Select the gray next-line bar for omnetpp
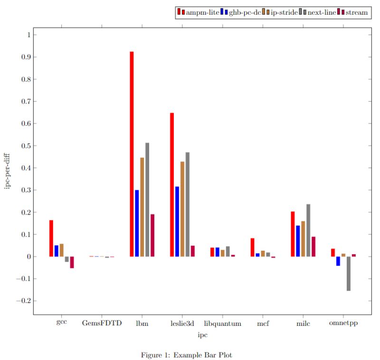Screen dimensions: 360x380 [349, 274]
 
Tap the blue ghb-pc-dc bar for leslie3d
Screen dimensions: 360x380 [177, 221]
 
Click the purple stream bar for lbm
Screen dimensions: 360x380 [152, 236]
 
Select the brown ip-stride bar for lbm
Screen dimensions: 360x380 [142, 207]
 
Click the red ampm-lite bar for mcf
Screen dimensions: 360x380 [252, 247]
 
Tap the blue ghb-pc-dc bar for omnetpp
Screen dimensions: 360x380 [338, 261]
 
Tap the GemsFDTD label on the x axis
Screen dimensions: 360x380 [102, 323]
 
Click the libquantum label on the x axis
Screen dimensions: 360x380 [222, 323]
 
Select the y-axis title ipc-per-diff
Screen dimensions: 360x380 [8, 168]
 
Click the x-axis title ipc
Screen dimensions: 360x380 [202, 335]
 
